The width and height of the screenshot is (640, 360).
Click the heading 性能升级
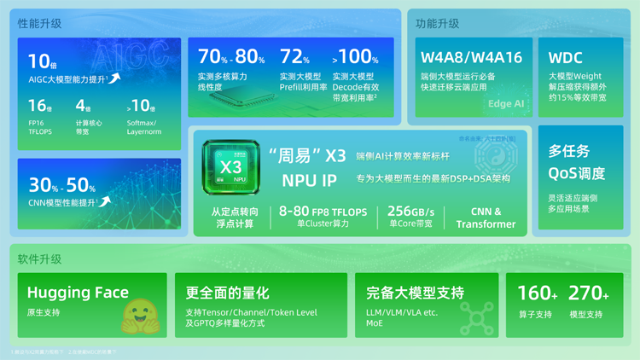tap(40, 23)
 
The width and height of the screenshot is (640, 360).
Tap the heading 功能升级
tap(438, 23)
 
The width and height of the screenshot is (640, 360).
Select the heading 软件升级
tap(40, 258)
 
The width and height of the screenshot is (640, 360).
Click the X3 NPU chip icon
tap(230, 165)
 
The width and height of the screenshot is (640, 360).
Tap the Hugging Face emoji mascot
tap(138, 315)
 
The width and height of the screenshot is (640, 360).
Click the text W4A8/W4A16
tap(471, 58)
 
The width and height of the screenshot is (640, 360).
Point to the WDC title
tap(565, 58)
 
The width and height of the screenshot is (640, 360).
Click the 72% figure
tap(294, 57)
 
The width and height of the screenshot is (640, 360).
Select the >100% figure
tap(355, 57)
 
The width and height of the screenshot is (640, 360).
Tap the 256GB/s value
tap(410, 212)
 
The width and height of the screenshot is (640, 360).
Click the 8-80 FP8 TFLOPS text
tap(323, 212)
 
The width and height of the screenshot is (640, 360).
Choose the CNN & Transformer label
tap(486, 218)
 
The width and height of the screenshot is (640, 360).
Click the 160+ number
tap(538, 293)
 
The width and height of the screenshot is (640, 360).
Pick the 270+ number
tap(589, 293)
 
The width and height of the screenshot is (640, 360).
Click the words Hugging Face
tap(78, 293)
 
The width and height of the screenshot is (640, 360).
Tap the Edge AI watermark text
tap(506, 104)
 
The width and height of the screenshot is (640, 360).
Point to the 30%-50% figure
tap(62, 185)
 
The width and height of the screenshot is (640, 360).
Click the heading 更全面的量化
tap(227, 293)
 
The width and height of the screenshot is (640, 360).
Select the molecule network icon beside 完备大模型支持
tap(476, 318)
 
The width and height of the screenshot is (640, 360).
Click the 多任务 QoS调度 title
tap(577, 162)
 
